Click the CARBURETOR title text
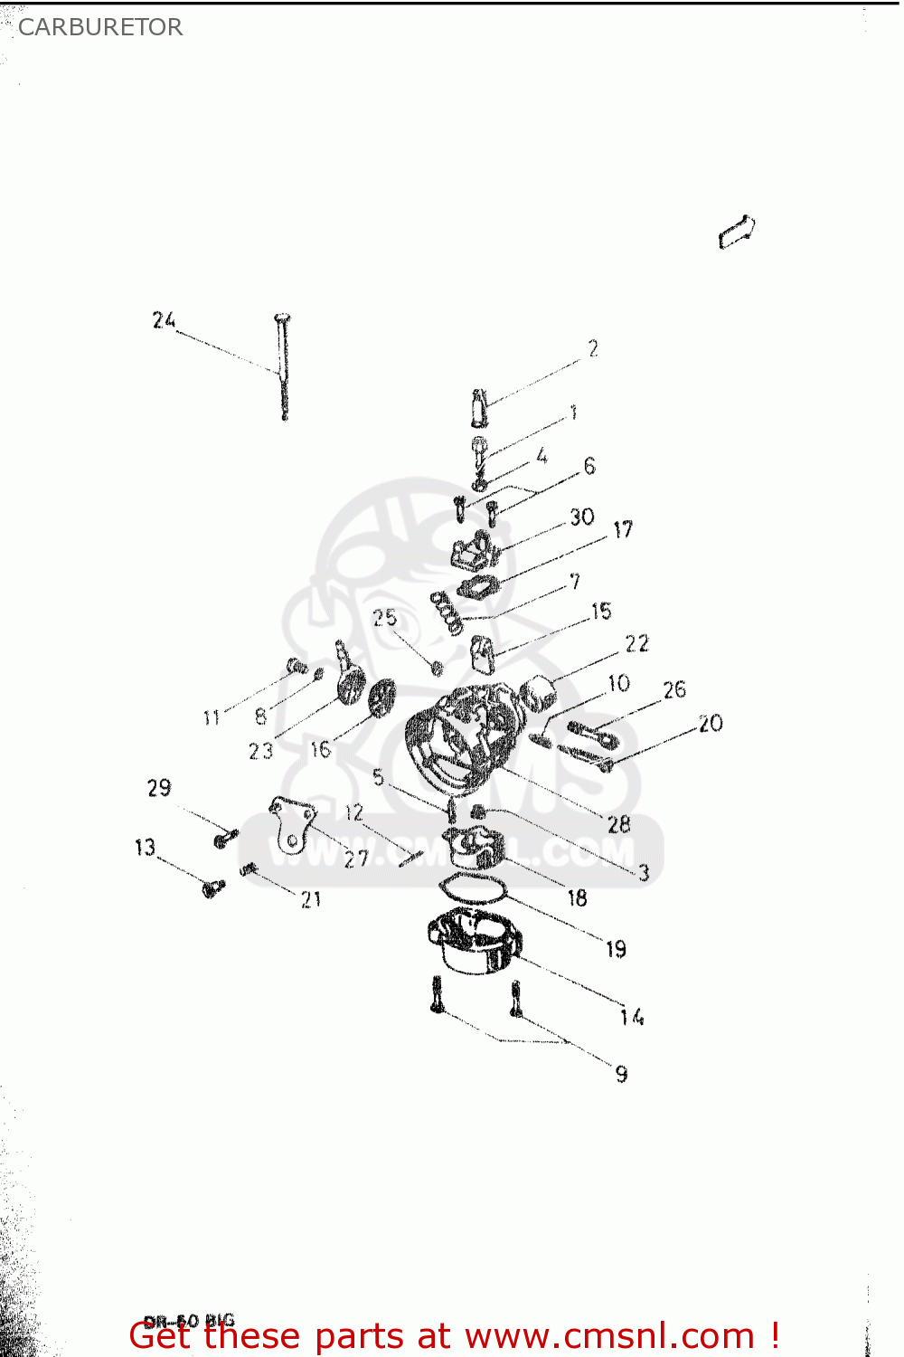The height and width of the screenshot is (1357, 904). (100, 27)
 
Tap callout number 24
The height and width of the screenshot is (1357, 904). (164, 320)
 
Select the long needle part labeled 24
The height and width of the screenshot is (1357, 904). (284, 366)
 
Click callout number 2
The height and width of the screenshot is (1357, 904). (593, 348)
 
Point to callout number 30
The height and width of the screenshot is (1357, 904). (581, 517)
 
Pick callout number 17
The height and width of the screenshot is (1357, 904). (623, 529)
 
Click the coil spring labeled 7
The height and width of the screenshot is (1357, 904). (446, 613)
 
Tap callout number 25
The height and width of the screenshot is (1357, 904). (384, 617)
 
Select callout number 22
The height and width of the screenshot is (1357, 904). (636, 643)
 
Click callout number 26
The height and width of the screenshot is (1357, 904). (674, 690)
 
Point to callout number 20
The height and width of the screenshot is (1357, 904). (711, 723)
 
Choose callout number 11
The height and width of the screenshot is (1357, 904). (212, 717)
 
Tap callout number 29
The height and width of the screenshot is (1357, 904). (159, 788)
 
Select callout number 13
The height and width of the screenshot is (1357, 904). (145, 848)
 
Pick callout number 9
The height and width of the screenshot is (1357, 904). (621, 1074)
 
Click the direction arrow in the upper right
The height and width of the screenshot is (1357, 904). (737, 232)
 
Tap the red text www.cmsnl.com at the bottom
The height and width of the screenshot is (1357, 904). (609, 1335)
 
